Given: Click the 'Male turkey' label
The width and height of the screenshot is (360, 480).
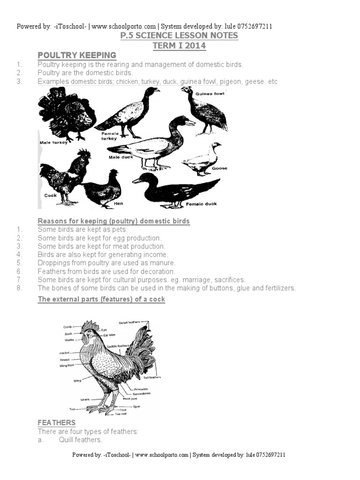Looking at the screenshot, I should pyautogui.click(x=54, y=142).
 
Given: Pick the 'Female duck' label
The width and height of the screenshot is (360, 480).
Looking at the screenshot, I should pyautogui.click(x=202, y=204).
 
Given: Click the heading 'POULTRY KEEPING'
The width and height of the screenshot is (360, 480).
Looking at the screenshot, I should pyautogui.click(x=77, y=56).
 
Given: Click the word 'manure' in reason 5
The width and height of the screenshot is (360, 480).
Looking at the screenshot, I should pyautogui.click(x=162, y=263).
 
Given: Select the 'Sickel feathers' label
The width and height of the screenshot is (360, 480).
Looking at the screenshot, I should pyautogui.click(x=130, y=322).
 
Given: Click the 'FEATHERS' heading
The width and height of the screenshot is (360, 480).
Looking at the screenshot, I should pyautogui.click(x=56, y=423).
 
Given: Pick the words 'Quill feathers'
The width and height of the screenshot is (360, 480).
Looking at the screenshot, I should pyautogui.click(x=80, y=440).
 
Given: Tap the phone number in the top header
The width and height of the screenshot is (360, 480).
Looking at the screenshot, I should pyautogui.click(x=255, y=27).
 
